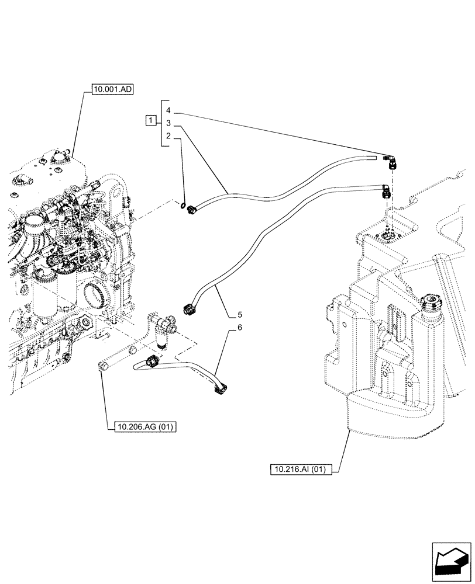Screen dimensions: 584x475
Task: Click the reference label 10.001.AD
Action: coord(112,90)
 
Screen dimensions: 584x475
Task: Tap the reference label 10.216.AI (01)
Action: coord(302,468)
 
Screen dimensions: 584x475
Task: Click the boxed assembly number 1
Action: coord(151,121)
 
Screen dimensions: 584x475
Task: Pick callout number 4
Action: coord(168,110)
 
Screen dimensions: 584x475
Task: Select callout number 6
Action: coord(240,328)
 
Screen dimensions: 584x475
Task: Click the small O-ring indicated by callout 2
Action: coord(183,205)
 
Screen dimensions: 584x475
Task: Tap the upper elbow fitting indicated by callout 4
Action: coord(389,160)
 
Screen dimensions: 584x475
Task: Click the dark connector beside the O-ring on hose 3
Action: coord(191,207)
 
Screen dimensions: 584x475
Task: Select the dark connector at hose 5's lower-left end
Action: coord(188,310)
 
